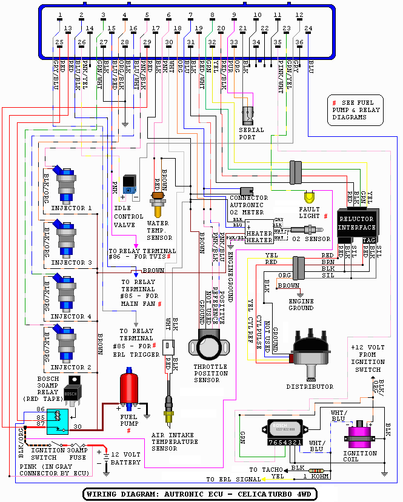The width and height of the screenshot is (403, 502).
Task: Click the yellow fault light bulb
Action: point(310,197)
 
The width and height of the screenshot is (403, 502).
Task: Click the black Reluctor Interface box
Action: point(357,223)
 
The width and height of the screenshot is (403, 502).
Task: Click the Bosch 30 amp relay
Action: point(72,392)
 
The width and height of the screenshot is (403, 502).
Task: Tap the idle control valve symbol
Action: point(128,185)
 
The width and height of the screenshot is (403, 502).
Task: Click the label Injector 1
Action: point(72,208)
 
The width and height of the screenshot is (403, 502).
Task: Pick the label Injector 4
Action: point(72,316)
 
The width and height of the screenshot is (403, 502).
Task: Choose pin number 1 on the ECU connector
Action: point(59,15)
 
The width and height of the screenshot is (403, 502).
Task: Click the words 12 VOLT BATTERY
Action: point(126,458)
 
